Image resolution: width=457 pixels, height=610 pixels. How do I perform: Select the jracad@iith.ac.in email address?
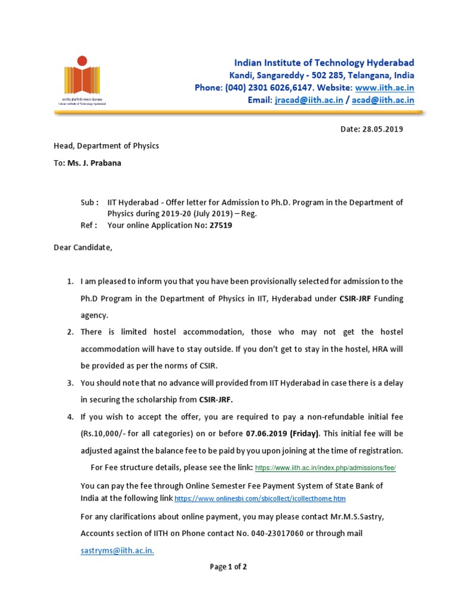pos(309,100)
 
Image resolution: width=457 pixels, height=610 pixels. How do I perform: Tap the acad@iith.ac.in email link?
pos(383,100)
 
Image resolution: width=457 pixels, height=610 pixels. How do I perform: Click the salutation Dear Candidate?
pos(83,247)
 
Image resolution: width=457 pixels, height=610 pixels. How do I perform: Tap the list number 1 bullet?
pos(70,281)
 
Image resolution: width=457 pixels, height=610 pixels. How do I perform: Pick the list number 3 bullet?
pos(70,382)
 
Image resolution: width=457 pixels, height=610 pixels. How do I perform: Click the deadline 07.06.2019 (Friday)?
pos(283,433)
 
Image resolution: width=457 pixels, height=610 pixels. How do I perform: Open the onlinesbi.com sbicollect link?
pos(260,498)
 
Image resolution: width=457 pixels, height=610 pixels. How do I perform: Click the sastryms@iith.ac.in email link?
pos(117,551)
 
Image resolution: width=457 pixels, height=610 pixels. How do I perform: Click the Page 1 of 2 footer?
pos(228,567)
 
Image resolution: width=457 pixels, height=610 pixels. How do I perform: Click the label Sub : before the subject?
pos(89,203)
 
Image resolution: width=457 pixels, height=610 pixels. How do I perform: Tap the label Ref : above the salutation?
pos(89,225)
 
